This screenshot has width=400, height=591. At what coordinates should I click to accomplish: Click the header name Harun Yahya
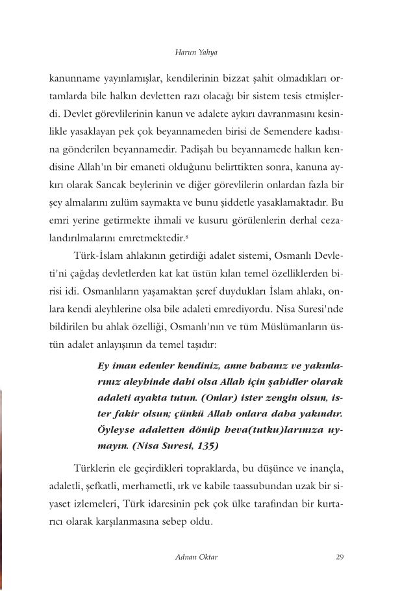199,49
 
